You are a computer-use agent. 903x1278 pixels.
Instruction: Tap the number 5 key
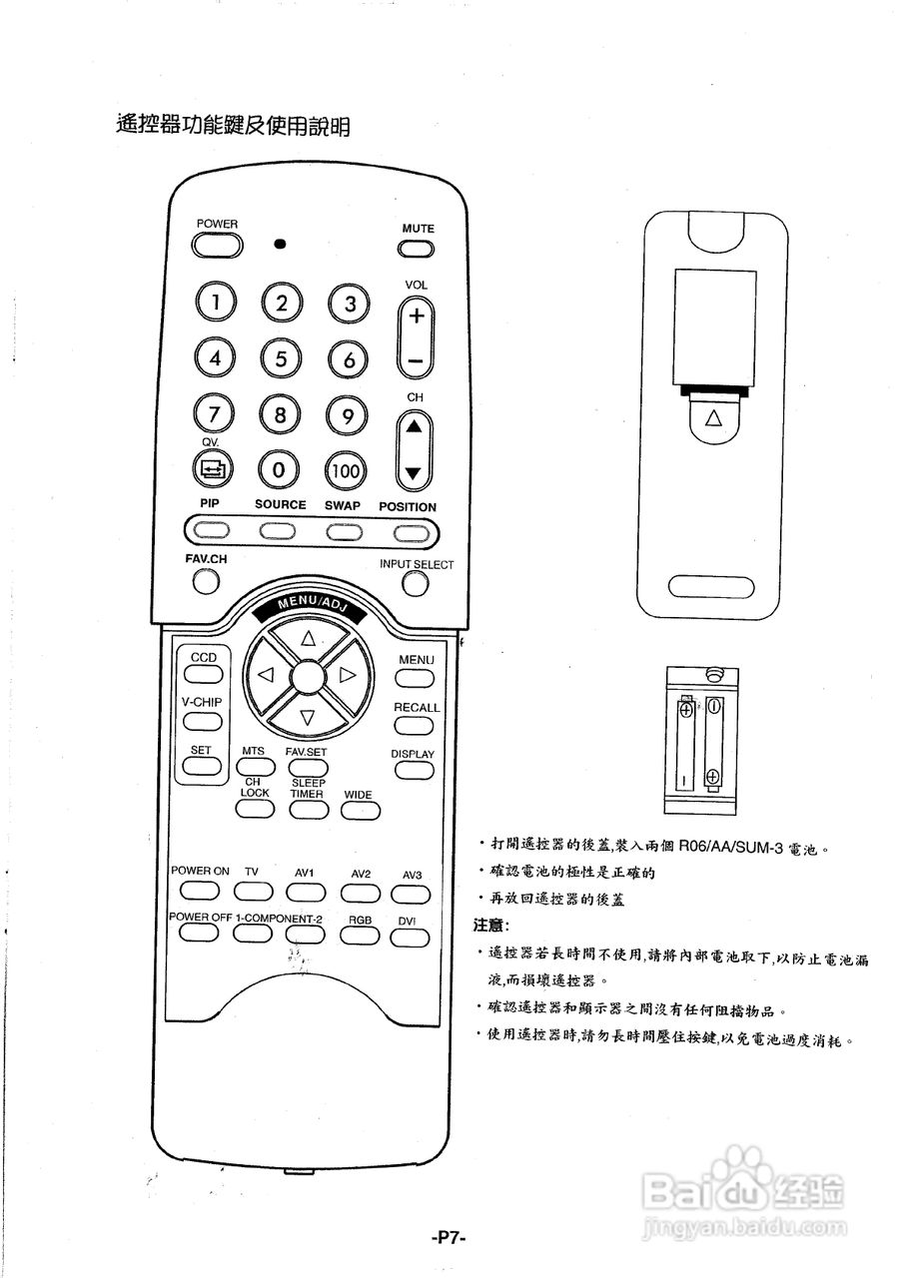click(x=282, y=356)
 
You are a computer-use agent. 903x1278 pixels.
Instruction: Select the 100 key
click(x=346, y=469)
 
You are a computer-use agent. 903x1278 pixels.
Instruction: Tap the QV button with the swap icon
click(x=213, y=466)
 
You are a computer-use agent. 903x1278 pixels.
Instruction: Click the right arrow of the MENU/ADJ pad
click(x=348, y=675)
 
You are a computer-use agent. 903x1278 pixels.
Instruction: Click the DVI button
click(x=409, y=937)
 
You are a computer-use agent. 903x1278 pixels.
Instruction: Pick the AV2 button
click(x=360, y=892)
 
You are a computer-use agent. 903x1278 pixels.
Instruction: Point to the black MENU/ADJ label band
click(x=310, y=605)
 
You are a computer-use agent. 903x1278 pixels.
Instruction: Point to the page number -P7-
click(x=450, y=1238)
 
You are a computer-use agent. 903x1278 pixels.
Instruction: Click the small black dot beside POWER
click(x=281, y=244)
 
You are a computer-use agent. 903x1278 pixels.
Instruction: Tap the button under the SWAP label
click(x=343, y=531)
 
